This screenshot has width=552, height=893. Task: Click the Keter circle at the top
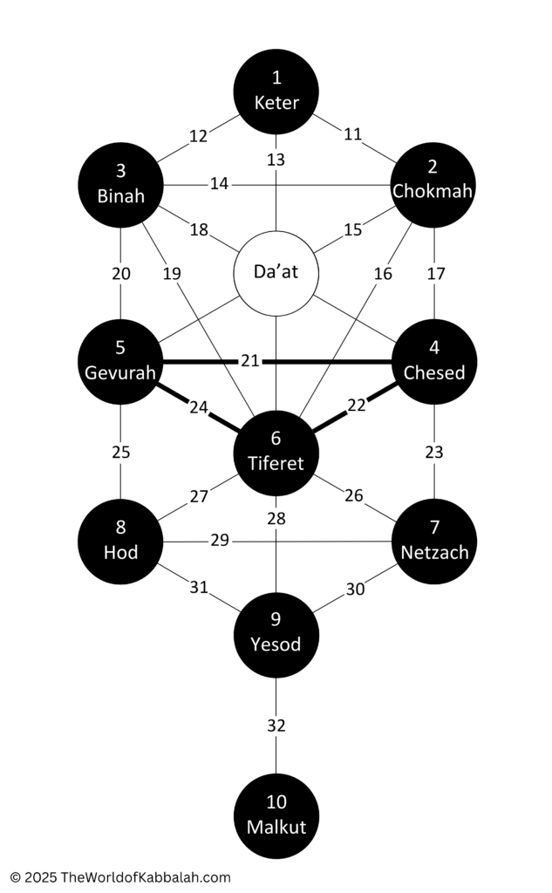tap(276, 92)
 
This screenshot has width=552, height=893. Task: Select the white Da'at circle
tap(276, 273)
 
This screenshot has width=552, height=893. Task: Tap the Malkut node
tap(276, 816)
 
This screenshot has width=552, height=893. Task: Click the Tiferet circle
tap(276, 453)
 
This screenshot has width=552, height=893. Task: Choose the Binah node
tap(120, 185)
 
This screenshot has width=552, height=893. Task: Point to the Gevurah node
tap(120, 362)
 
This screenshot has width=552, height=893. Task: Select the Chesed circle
tap(434, 362)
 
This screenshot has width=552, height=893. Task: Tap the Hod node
tap(120, 542)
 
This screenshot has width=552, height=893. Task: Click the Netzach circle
tap(434, 542)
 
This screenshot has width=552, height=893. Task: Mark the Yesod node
tap(276, 635)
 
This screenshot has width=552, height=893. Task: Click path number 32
tap(276, 726)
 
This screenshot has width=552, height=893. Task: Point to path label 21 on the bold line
tap(250, 361)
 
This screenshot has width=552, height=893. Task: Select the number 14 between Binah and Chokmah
tap(220, 183)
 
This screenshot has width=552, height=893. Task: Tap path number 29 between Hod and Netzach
tap(220, 540)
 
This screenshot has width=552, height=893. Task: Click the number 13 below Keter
tap(276, 160)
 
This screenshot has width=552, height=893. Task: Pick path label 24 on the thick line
tap(199, 408)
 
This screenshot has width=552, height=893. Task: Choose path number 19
tap(172, 274)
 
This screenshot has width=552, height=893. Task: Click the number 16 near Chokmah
tap(384, 274)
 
